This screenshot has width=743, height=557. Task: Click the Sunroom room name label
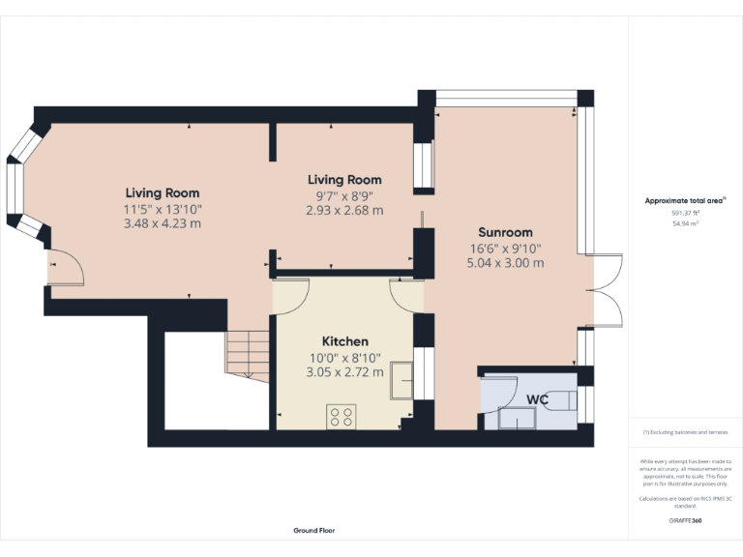[505, 232]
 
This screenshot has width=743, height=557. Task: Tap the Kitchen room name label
[344, 341]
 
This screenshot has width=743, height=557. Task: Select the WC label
[538, 398]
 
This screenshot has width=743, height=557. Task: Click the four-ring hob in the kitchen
[341, 416]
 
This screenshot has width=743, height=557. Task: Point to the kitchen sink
[401, 382]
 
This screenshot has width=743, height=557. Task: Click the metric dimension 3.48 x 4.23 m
[162, 224]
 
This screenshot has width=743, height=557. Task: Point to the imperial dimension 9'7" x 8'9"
[344, 195]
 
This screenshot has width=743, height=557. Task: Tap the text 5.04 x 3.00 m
[505, 263]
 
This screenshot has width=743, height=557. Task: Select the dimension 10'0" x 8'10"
[344, 357]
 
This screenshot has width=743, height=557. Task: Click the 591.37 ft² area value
[685, 213]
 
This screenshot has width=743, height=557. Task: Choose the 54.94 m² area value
[685, 223]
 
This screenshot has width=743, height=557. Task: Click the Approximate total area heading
[685, 201]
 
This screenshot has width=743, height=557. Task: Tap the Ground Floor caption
[314, 531]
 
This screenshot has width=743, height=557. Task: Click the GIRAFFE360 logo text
[685, 521]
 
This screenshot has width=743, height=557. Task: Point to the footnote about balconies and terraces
[685, 432]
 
